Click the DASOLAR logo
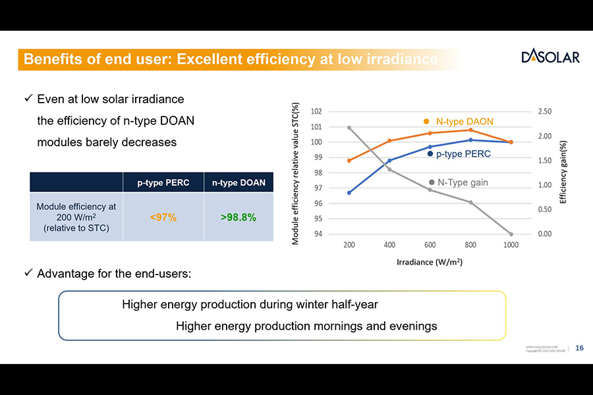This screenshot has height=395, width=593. [550, 57]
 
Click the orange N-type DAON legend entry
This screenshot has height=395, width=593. [459, 122]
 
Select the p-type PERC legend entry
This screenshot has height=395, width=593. [459, 153]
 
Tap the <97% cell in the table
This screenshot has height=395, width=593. [163, 217]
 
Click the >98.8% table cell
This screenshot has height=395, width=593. [239, 217]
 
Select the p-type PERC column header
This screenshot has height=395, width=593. [163, 182]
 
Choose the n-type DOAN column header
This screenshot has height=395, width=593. [239, 182]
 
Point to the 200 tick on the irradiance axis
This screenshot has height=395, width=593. [349, 245]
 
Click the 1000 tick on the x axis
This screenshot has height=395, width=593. [511, 245]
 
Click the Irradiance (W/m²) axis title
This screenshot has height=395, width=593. [429, 262]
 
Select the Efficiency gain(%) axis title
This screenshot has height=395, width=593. [563, 172]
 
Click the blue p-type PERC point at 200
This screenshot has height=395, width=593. [349, 193]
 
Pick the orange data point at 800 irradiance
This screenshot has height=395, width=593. [470, 130]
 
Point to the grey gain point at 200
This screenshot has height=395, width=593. [349, 128]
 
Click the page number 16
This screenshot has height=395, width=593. [579, 348]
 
